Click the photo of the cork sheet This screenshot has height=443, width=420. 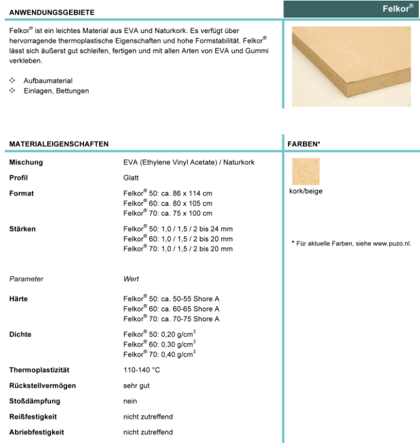[352, 65]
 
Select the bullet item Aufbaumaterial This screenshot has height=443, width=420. [48, 81]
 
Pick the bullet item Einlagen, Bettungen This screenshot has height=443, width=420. [56, 91]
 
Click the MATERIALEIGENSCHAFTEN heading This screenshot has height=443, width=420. [59, 142]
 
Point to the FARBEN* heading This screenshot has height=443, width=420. [304, 142]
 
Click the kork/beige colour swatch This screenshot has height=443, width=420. [305, 172]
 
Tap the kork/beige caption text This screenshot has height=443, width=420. [305, 191]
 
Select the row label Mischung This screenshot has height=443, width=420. [26, 163]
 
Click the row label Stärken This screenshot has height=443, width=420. [23, 229]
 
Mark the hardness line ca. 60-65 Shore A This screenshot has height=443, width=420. [171, 309]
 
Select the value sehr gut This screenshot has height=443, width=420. [137, 385]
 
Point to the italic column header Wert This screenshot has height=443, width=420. [131, 279]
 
